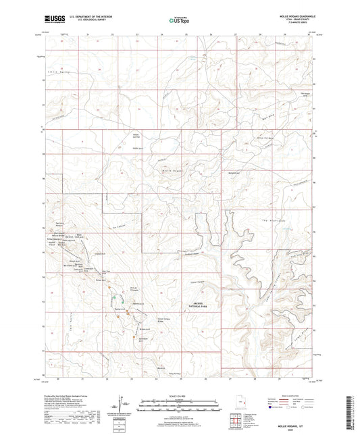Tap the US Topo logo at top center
[178, 21]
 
